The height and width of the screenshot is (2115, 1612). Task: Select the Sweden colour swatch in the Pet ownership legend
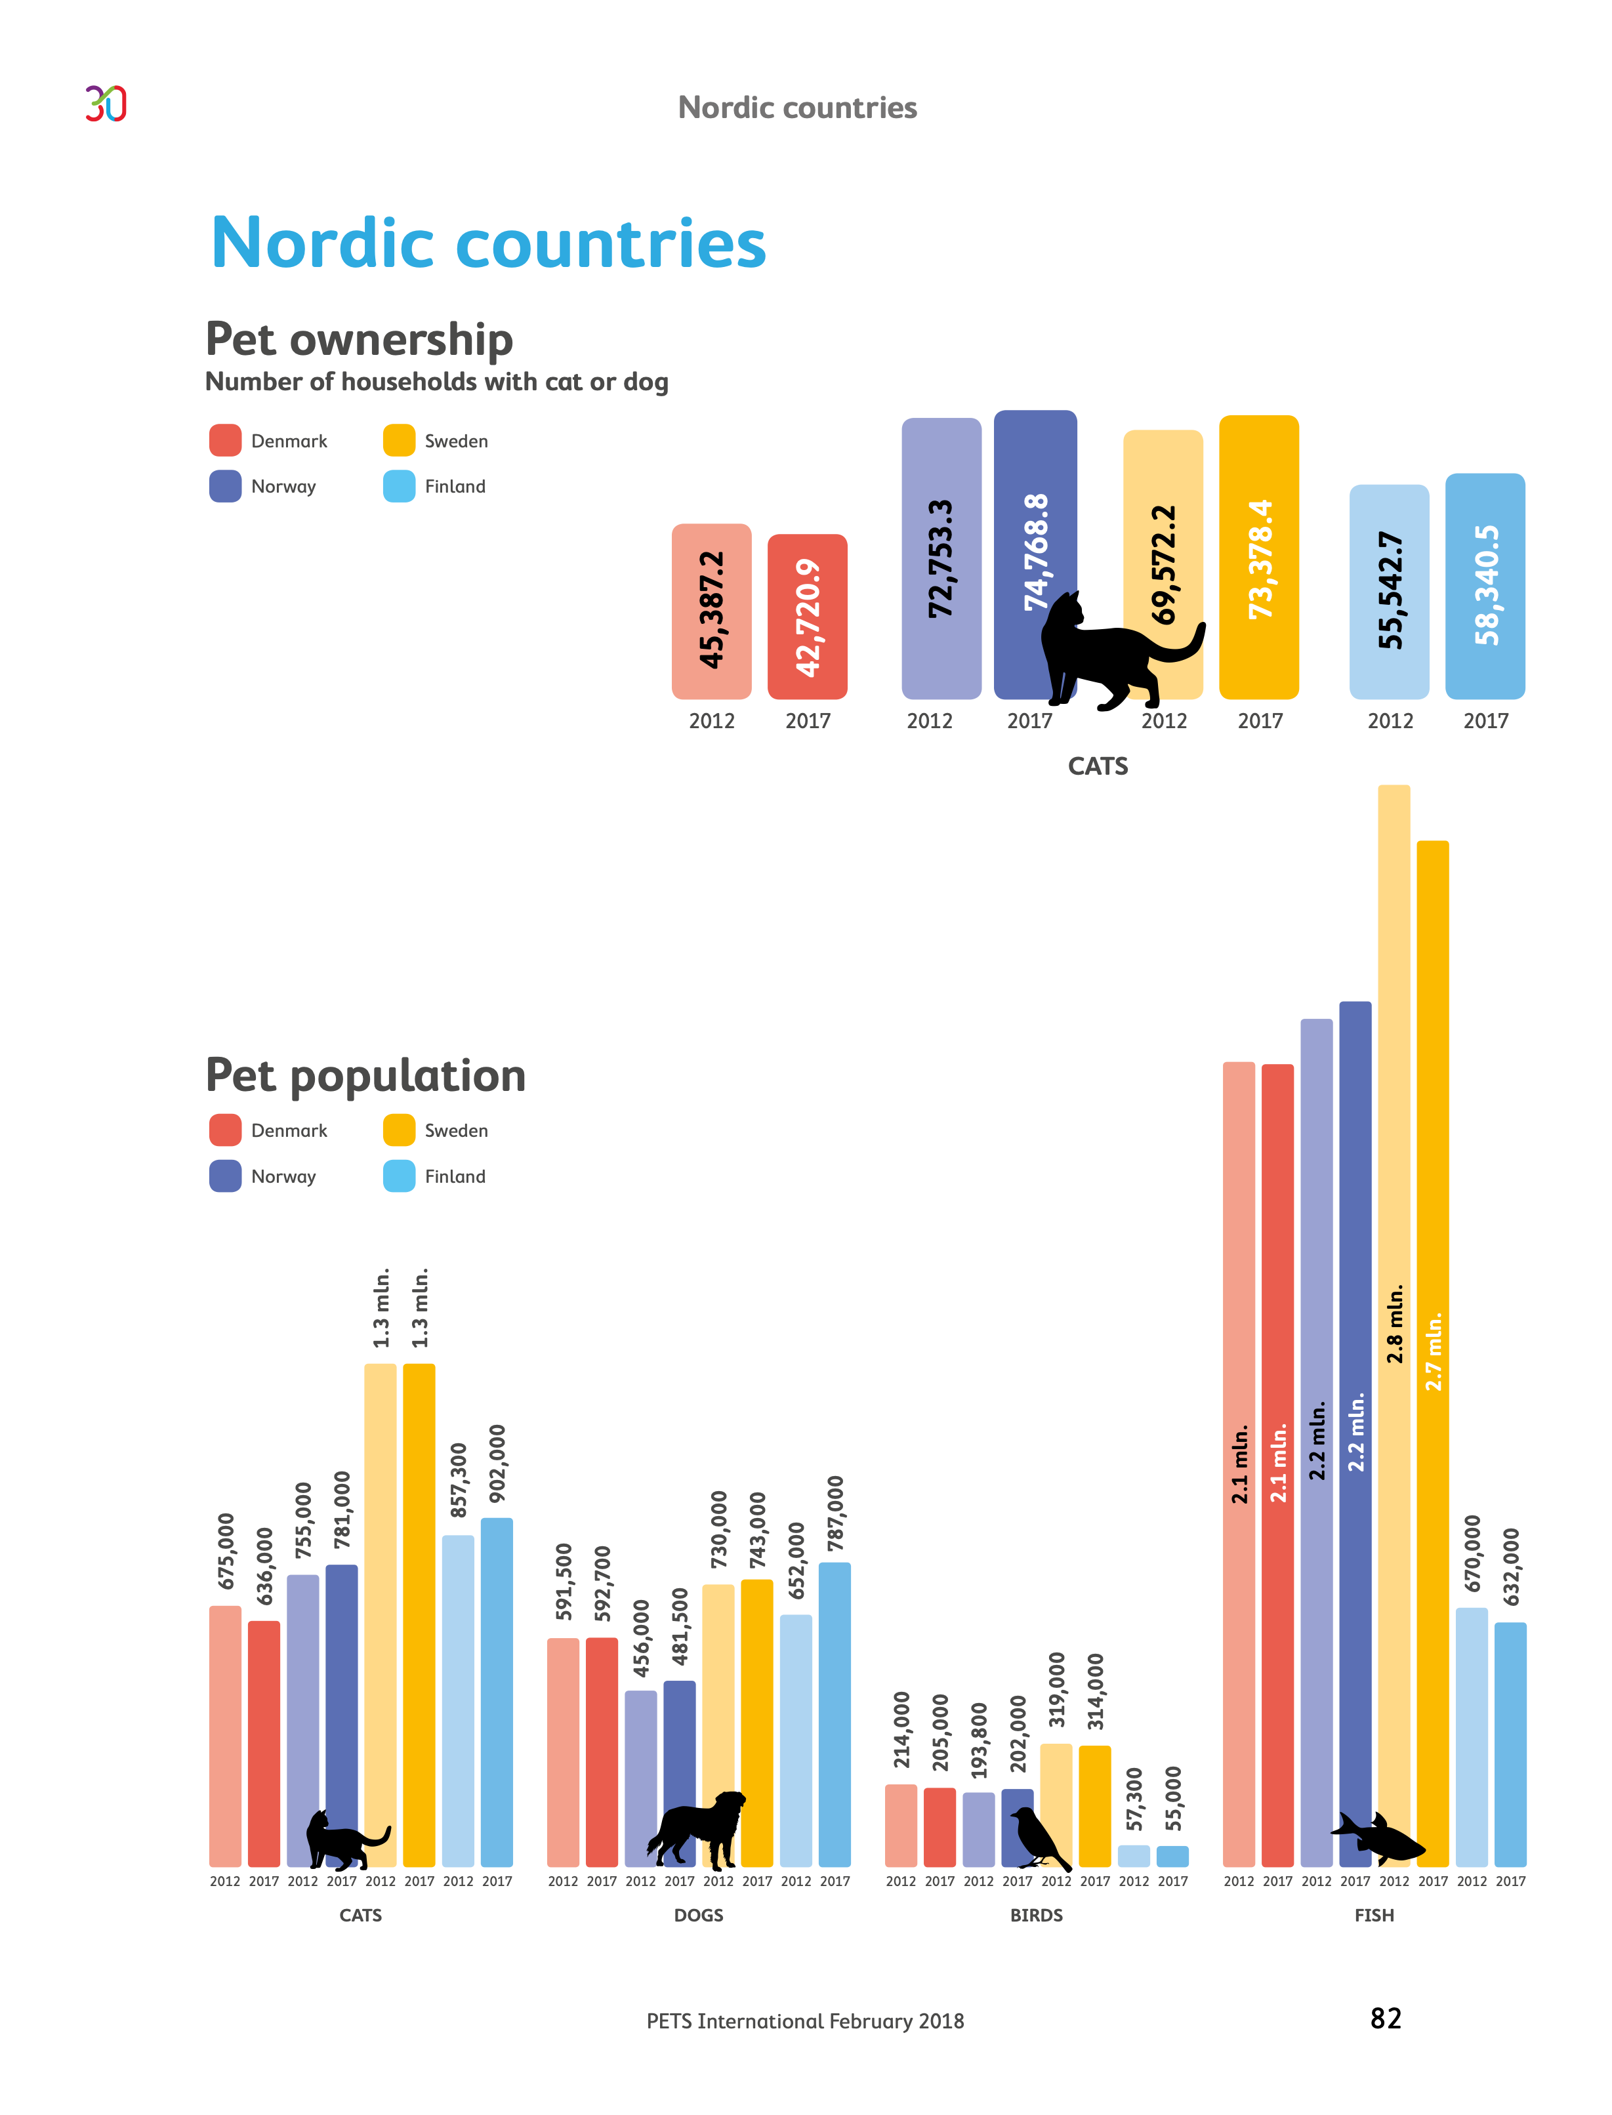click(x=399, y=440)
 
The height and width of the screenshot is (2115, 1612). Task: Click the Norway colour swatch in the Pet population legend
click(x=226, y=1176)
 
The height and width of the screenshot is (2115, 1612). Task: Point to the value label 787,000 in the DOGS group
click(x=835, y=1513)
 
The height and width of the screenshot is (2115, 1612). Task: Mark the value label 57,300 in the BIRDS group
click(x=1134, y=1798)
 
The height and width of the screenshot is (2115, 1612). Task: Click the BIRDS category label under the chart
click(x=1037, y=1916)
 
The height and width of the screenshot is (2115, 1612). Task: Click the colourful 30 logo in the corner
click(x=106, y=104)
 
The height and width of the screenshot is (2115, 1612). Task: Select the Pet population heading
click(x=365, y=1075)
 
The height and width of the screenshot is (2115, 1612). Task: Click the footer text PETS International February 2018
click(x=805, y=2021)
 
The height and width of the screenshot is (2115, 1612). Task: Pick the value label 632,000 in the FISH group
click(x=1511, y=1567)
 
